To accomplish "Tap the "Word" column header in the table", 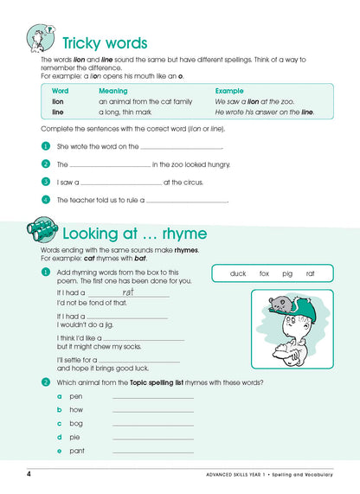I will click(x=61, y=90).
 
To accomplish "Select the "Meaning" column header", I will click(x=112, y=90).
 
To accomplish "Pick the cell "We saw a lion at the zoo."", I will click(x=254, y=101).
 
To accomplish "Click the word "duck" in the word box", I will click(x=238, y=273).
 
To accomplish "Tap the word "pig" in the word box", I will click(x=288, y=273).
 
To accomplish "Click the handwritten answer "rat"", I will click(x=127, y=292).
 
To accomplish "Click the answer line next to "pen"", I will click(x=152, y=396).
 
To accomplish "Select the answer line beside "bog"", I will click(x=152, y=424).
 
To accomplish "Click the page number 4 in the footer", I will click(x=29, y=474).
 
